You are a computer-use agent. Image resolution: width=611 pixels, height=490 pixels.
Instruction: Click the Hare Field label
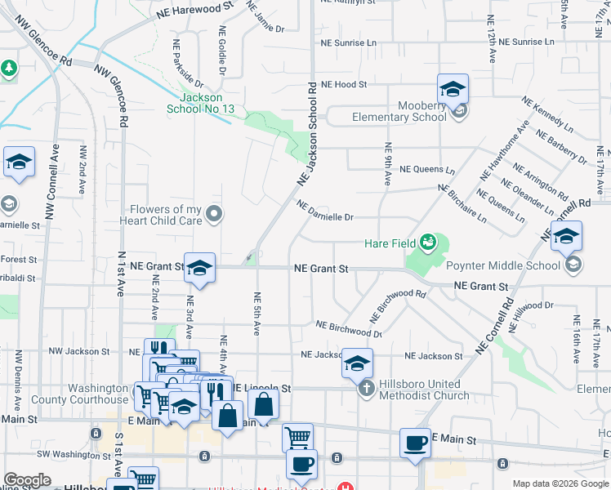coord(390,243)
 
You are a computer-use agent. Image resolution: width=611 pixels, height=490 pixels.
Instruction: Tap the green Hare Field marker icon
coord(427,242)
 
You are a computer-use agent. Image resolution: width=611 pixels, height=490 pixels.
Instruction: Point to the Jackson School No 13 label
coord(201,103)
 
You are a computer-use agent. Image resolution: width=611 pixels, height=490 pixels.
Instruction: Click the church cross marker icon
coord(365,389)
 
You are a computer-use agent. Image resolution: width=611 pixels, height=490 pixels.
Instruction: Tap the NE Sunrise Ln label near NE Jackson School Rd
coord(349,42)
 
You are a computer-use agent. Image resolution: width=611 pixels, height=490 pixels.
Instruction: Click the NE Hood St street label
coord(344,84)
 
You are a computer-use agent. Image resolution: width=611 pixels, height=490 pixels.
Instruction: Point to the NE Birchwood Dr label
coord(349,329)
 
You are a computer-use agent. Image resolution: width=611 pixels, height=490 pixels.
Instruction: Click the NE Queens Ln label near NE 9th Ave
coord(427,170)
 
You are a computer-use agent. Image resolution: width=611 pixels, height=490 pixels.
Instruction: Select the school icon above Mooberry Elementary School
coord(453,88)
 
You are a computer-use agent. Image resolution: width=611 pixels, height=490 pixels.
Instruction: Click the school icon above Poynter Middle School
coord(566,235)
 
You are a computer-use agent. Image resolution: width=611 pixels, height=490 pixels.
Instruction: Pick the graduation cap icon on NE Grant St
coord(198,266)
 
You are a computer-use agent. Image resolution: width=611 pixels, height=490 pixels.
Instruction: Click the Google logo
coord(27,480)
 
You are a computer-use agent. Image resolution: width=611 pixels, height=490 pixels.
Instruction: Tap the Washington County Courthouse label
coord(79,394)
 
